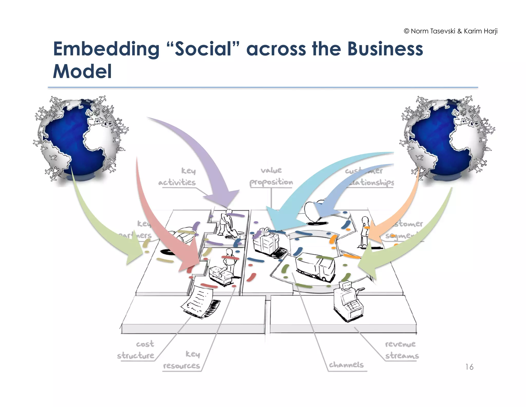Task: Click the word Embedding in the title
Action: [x=106, y=49]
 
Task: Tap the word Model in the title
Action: [x=82, y=72]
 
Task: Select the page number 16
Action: [x=469, y=367]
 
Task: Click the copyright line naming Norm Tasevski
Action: [x=450, y=31]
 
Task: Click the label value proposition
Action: [x=271, y=176]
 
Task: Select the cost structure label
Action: [x=136, y=350]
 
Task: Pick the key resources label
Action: [x=182, y=360]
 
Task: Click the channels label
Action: [x=346, y=365]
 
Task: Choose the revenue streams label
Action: [x=401, y=350]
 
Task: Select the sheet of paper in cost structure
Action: [x=198, y=301]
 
